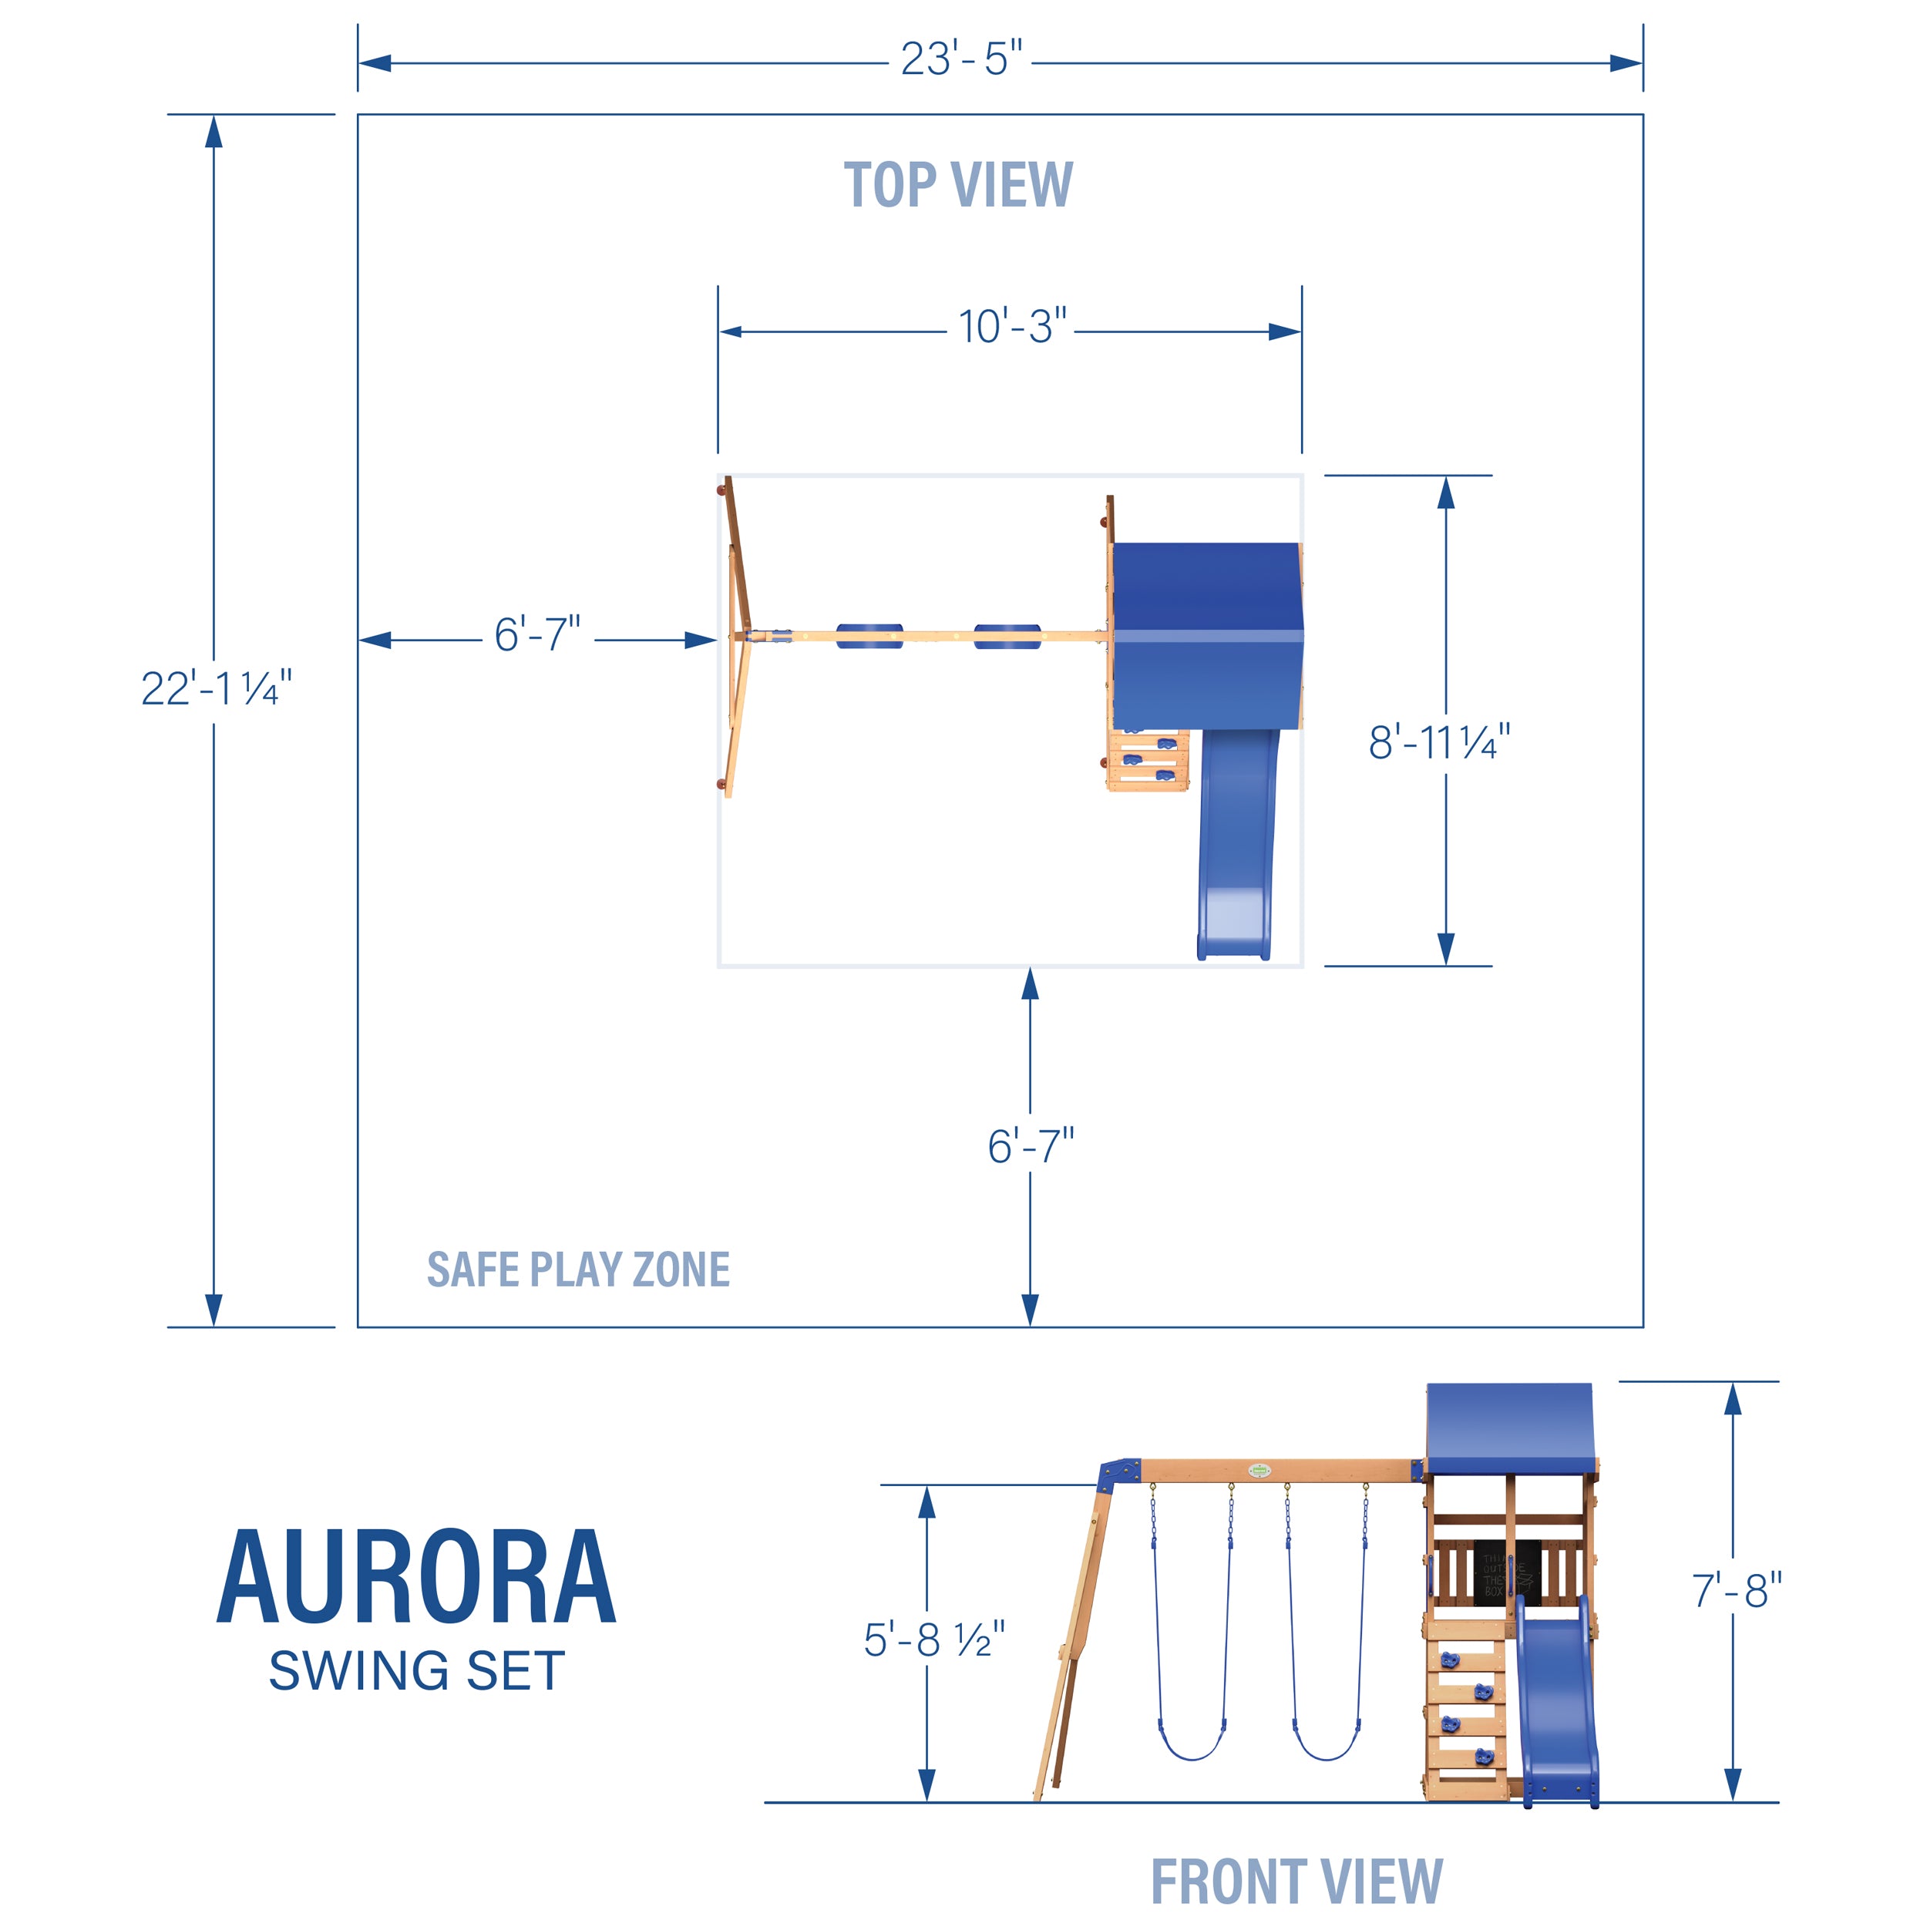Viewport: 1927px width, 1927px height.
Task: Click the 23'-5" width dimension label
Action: [960, 60]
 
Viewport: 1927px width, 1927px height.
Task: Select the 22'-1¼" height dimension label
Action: [216, 688]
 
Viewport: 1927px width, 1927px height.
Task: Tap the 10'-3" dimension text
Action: [1011, 327]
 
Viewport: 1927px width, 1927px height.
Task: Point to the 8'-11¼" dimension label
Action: [1438, 743]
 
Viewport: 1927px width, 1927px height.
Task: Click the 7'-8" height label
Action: [1737, 1591]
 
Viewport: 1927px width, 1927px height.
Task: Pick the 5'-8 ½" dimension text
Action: [933, 1641]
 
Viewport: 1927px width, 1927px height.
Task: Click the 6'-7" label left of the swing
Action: [536, 635]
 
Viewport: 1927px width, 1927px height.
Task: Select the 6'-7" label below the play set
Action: [1031, 1147]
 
